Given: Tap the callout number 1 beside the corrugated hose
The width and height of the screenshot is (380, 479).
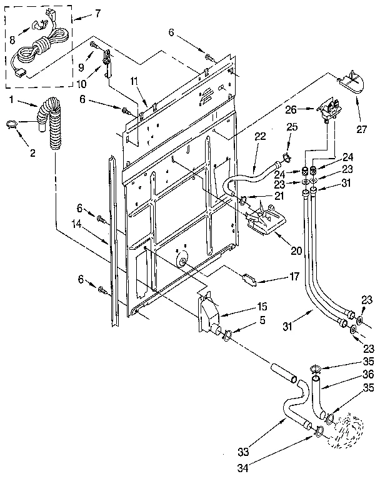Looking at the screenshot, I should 11,100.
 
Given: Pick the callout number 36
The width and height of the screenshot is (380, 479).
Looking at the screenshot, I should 369,375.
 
